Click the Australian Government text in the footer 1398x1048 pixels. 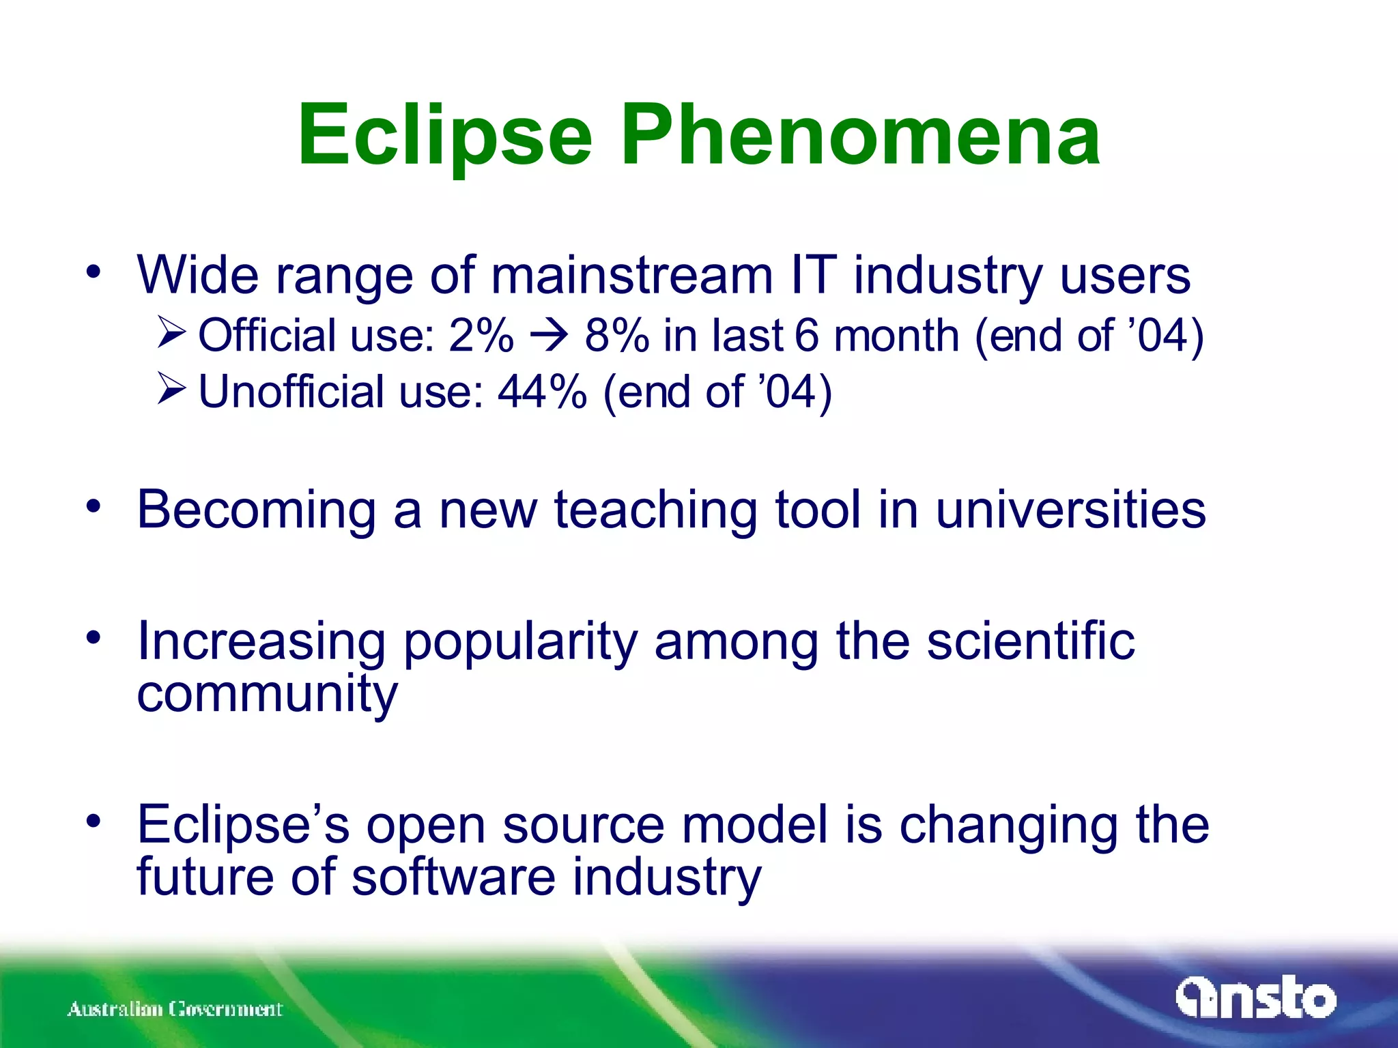tap(175, 1008)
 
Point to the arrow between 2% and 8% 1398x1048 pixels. tap(549, 336)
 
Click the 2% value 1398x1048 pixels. tap(481, 336)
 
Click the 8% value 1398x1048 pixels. tap(616, 336)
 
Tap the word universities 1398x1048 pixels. tap(1070, 510)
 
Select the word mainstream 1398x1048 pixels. tap(631, 275)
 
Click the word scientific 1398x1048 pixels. tap(1030, 641)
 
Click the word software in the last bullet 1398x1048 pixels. tap(454, 877)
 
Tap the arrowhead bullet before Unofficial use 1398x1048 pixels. tap(171, 389)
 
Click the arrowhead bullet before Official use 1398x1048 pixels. tap(171, 332)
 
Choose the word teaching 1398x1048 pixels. tap(655, 510)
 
